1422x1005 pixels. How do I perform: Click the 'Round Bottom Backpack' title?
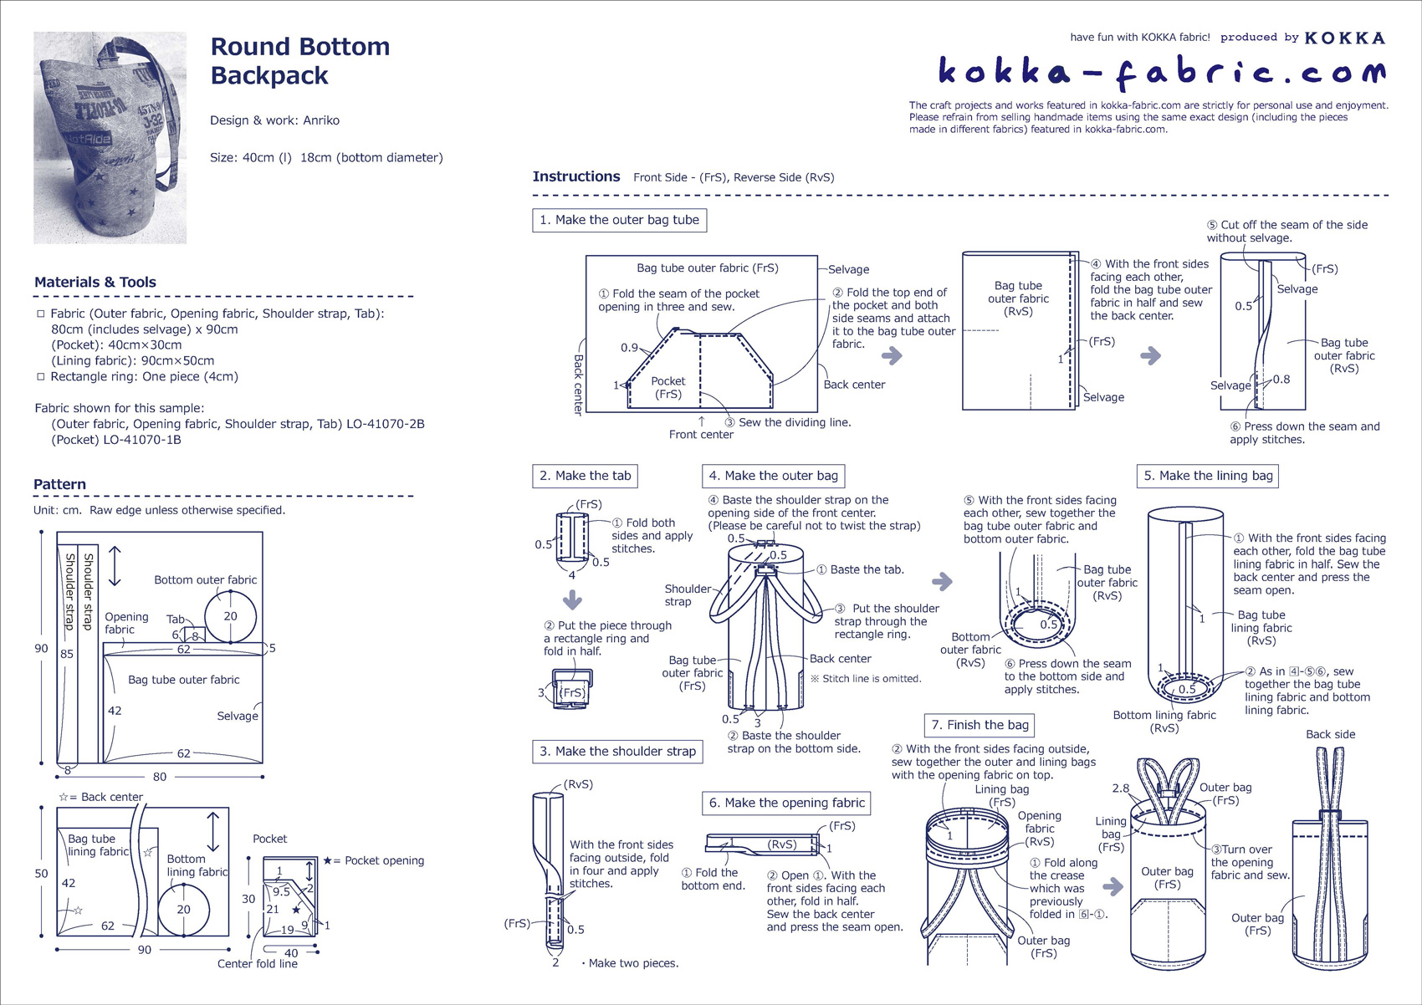click(x=299, y=60)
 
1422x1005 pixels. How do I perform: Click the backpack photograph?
click(x=110, y=138)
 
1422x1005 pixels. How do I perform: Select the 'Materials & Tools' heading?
click(x=95, y=283)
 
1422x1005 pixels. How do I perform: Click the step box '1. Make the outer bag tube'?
click(x=619, y=220)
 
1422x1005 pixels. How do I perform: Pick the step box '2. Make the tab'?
click(x=585, y=476)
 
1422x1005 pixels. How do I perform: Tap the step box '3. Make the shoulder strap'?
click(x=617, y=752)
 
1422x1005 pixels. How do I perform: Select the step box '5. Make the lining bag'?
click(x=1207, y=476)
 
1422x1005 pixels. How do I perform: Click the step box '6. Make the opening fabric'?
click(x=786, y=803)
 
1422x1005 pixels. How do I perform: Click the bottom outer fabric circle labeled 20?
click(x=230, y=616)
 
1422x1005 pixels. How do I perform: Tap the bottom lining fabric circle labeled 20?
click(x=183, y=909)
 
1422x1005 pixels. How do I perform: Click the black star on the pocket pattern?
click(x=296, y=909)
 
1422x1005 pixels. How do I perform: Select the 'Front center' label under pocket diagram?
click(x=701, y=434)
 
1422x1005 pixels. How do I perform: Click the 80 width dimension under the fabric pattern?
click(x=159, y=777)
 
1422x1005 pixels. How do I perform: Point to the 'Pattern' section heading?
click(x=59, y=485)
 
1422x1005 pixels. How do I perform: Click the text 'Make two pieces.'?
click(x=633, y=963)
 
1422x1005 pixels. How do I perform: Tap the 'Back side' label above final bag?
click(x=1330, y=734)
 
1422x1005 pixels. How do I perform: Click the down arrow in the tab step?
click(x=572, y=599)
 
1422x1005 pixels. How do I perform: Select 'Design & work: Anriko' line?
click(x=274, y=120)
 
